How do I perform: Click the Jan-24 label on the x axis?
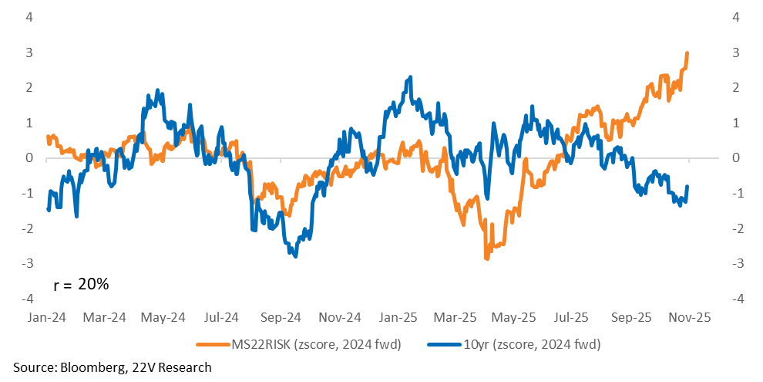click(46, 317)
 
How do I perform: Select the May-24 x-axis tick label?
click(164, 317)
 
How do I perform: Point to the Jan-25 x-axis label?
click(399, 317)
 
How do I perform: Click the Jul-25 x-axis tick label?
click(572, 317)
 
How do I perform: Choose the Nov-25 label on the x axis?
click(689, 317)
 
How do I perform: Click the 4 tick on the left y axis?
click(29, 17)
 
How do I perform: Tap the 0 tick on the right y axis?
click(737, 157)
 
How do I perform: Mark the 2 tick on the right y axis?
click(737, 87)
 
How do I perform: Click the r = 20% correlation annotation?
click(82, 284)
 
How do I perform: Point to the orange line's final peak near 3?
click(687, 53)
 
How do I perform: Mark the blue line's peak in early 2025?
click(410, 77)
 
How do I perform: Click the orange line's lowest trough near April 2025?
click(486, 258)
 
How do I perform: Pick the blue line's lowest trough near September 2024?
click(296, 255)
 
